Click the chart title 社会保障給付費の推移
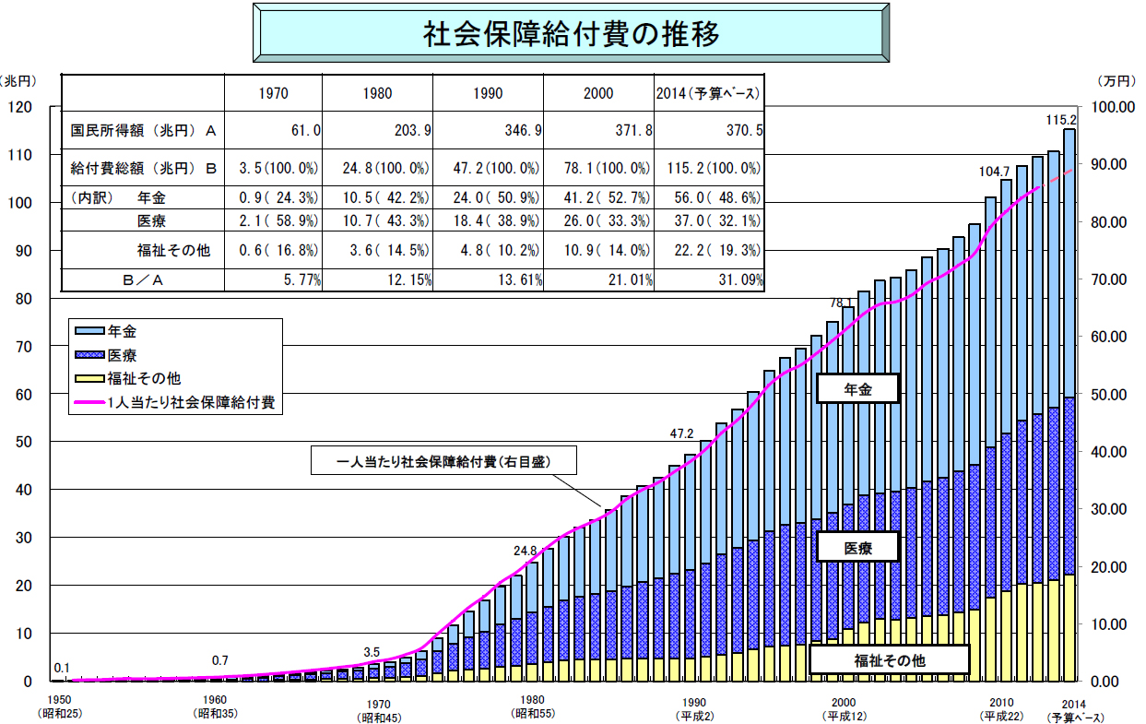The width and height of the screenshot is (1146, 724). (x=571, y=32)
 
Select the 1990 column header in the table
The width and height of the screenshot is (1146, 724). (x=488, y=93)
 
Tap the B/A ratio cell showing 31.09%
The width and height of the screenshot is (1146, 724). (x=734, y=279)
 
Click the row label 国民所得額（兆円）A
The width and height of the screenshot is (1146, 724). (x=143, y=131)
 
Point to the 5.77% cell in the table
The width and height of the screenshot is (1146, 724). (x=295, y=279)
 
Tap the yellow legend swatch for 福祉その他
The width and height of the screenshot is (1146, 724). (x=89, y=378)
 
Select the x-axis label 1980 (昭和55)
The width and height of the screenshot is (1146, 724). (x=532, y=706)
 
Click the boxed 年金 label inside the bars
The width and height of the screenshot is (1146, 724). (x=857, y=390)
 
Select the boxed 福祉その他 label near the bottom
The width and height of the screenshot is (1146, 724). (x=889, y=659)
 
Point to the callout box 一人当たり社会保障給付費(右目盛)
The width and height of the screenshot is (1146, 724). (x=443, y=460)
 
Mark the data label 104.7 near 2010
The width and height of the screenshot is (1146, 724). (x=995, y=172)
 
